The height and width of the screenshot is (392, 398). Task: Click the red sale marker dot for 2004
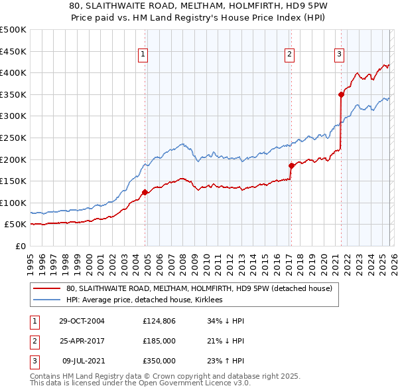(x=145, y=192)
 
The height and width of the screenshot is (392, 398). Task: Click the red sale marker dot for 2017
(x=291, y=165)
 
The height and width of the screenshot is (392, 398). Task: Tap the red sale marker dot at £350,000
(x=341, y=94)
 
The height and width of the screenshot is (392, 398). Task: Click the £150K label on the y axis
(x=15, y=181)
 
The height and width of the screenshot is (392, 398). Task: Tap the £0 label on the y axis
(x=20, y=246)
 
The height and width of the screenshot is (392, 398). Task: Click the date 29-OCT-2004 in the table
(x=82, y=321)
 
